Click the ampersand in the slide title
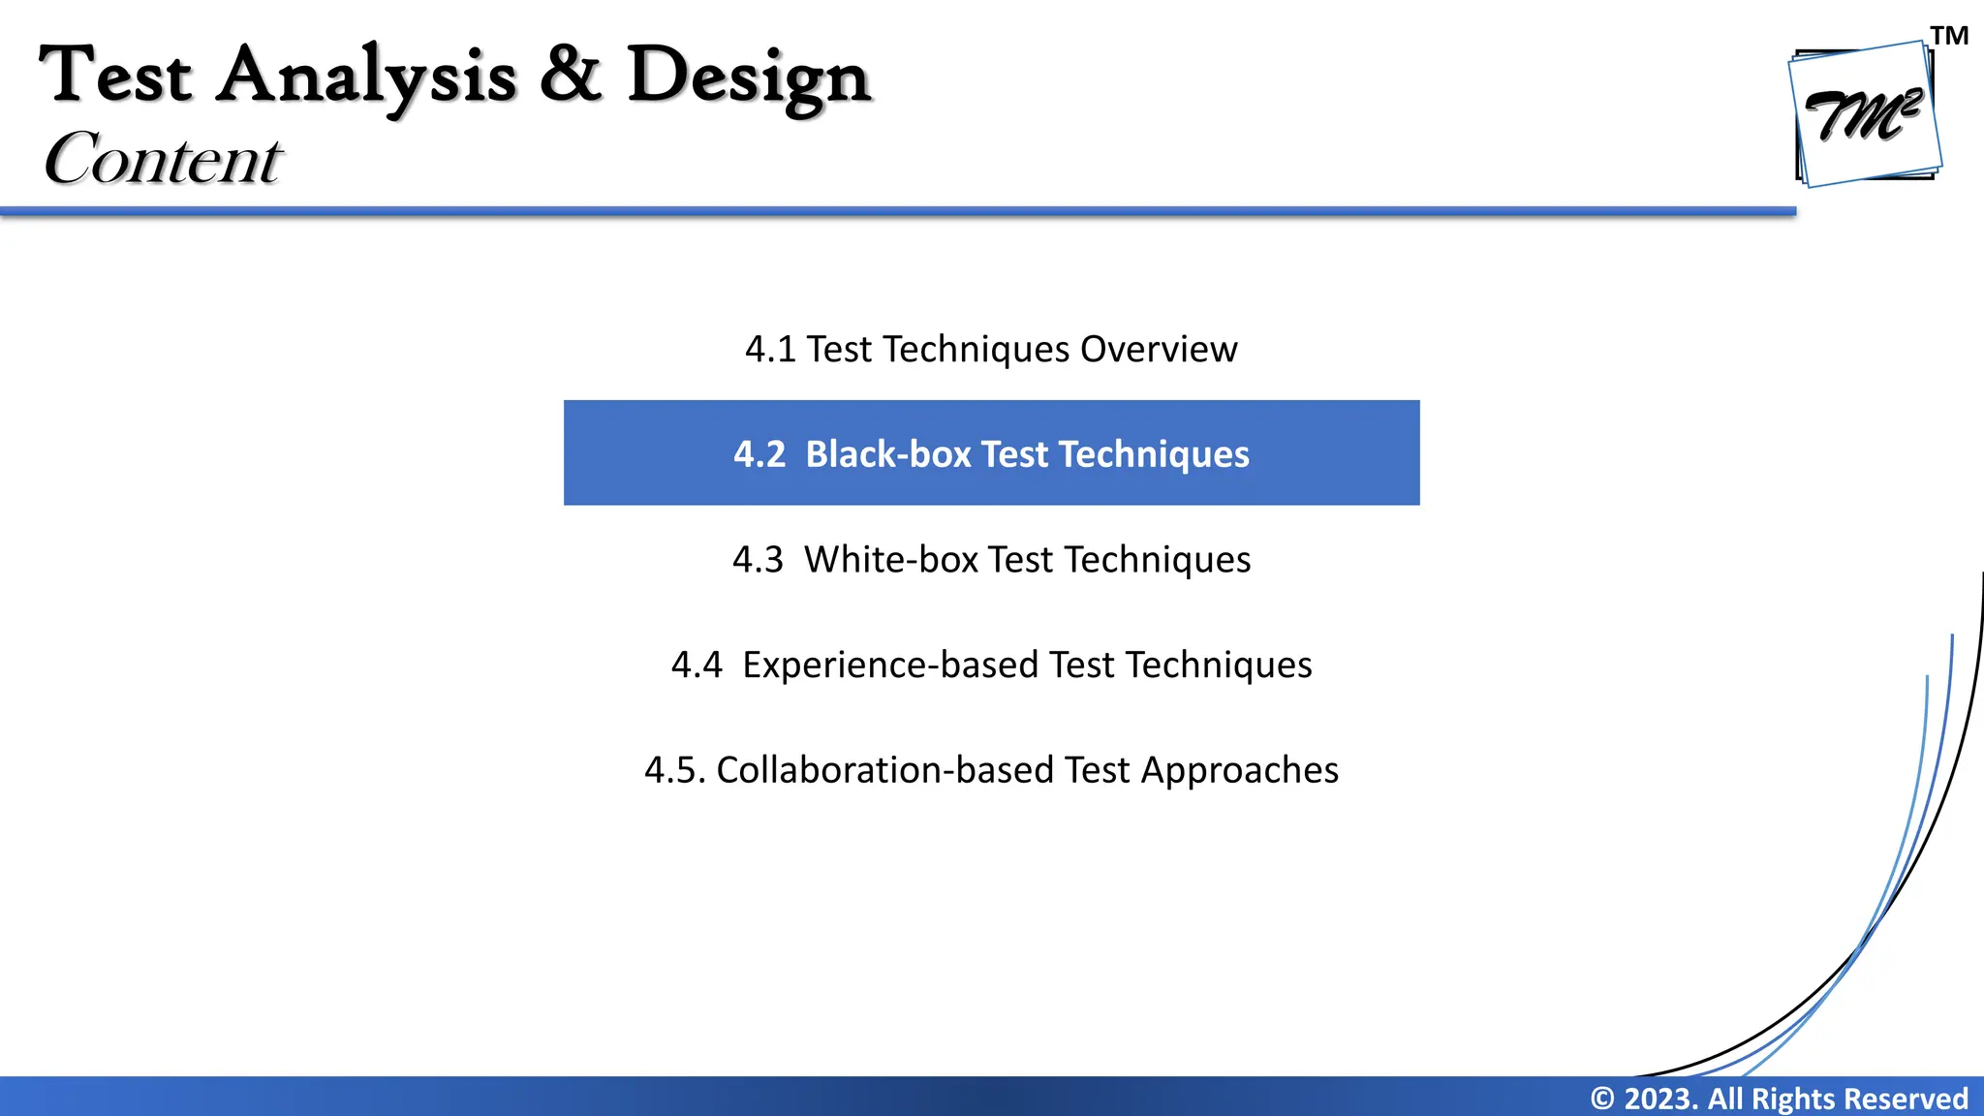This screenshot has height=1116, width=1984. tap(571, 75)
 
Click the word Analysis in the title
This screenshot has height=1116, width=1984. tap(365, 77)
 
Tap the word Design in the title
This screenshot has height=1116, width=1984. tap(749, 77)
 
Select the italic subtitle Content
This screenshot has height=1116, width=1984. tap(163, 159)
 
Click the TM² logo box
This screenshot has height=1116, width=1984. tap(1864, 115)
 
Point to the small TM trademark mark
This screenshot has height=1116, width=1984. tap(1949, 36)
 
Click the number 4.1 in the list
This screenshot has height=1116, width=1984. tap(770, 350)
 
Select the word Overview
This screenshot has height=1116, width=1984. tap(1159, 350)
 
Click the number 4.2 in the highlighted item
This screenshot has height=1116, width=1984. tap(759, 454)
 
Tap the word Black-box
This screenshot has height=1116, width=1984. tap(887, 454)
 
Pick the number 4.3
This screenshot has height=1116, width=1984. tap(758, 560)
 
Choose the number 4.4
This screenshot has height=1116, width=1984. tap(697, 666)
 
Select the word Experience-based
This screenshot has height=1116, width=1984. tap(890, 666)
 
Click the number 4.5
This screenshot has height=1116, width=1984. tap(673, 771)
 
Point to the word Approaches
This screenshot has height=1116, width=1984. tap(1239, 771)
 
